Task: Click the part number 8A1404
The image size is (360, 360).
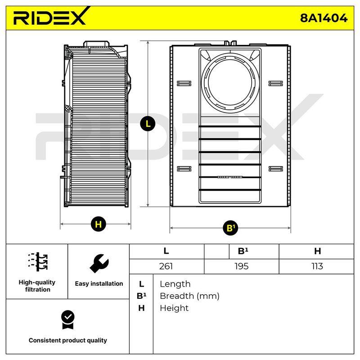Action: pyautogui.click(x=324, y=18)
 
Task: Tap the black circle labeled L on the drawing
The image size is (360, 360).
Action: pyautogui.click(x=148, y=124)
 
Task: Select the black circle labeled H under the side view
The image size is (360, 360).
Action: pyautogui.click(x=98, y=224)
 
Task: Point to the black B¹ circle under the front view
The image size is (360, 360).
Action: pyautogui.click(x=230, y=228)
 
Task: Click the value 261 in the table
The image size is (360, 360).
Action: pyautogui.click(x=166, y=266)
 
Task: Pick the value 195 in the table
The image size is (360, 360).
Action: pyautogui.click(x=242, y=266)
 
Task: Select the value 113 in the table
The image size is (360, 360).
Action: pyautogui.click(x=317, y=266)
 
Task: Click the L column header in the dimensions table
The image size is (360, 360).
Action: pyautogui.click(x=166, y=251)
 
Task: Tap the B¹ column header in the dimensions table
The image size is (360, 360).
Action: pyautogui.click(x=243, y=251)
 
